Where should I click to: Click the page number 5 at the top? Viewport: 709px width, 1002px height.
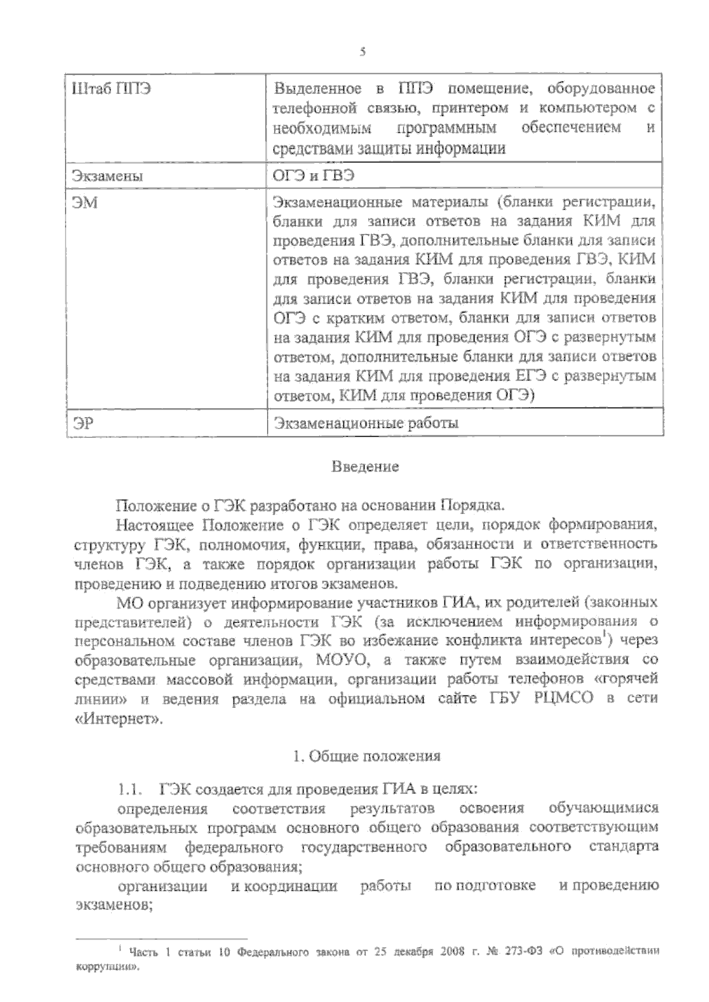(x=362, y=51)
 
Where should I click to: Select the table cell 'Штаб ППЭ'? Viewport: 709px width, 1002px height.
(x=110, y=90)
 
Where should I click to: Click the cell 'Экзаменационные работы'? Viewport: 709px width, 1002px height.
(x=366, y=423)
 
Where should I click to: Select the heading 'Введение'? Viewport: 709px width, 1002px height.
(x=365, y=467)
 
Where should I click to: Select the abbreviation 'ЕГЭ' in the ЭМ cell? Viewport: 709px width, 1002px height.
(x=526, y=376)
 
